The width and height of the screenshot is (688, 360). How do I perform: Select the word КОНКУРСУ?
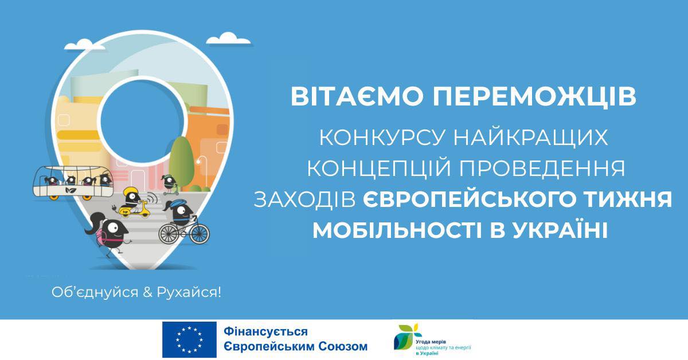[x=382, y=138]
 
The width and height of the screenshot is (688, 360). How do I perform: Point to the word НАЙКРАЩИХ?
[x=531, y=138]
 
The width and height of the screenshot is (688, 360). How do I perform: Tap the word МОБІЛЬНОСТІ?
[x=397, y=230]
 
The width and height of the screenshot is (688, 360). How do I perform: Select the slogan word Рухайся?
[x=189, y=292]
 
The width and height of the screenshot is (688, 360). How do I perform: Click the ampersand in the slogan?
[x=147, y=292]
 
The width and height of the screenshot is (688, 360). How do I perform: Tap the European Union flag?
[x=189, y=339]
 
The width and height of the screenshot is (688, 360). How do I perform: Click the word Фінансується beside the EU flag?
[x=265, y=332]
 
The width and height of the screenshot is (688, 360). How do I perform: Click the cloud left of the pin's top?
[x=84, y=44]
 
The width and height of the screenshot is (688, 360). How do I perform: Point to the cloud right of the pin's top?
[x=229, y=39]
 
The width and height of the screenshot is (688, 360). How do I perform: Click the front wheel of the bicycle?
[x=200, y=234]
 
